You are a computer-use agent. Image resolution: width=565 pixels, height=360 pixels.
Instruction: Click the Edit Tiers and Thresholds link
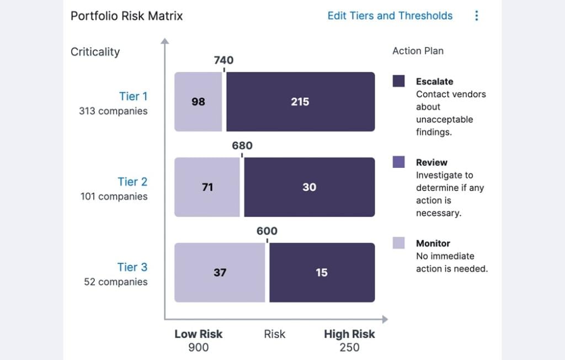coord(390,15)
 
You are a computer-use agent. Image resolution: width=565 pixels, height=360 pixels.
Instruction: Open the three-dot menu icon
coord(477,15)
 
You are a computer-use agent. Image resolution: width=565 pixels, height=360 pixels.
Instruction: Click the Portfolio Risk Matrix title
coord(126,15)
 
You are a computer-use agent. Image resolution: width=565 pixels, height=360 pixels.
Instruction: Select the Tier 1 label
coord(133,96)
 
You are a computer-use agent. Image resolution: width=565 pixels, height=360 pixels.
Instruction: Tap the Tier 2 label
coord(132,182)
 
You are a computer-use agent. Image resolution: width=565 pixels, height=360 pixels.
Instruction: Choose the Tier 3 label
coord(132,267)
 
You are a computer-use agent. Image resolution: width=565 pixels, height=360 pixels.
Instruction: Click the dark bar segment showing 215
coord(300,102)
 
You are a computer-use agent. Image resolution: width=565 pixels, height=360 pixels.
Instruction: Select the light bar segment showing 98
coord(198,102)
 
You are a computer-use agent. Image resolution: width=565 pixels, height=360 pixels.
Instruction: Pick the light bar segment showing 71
coord(207,187)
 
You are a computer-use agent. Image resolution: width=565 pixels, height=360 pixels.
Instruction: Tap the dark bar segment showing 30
coord(309,187)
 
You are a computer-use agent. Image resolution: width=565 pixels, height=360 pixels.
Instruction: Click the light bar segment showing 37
coord(220,272)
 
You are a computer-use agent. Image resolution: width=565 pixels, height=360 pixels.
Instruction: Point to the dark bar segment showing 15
coord(322,272)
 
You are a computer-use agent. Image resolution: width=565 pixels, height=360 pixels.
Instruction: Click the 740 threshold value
coord(223,60)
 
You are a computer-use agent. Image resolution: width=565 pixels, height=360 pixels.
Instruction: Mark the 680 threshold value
coord(242,146)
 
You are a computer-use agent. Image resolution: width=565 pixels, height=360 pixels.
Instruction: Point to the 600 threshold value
coord(267,231)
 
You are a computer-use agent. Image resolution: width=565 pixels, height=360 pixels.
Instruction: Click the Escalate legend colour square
coord(398,81)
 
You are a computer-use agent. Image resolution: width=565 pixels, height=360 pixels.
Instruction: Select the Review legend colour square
coord(398,162)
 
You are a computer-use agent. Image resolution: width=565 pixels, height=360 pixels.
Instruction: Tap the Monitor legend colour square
coord(398,243)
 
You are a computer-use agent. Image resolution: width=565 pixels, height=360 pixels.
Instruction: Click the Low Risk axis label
coord(198,334)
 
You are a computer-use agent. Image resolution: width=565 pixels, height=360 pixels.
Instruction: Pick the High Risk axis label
coord(349,334)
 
